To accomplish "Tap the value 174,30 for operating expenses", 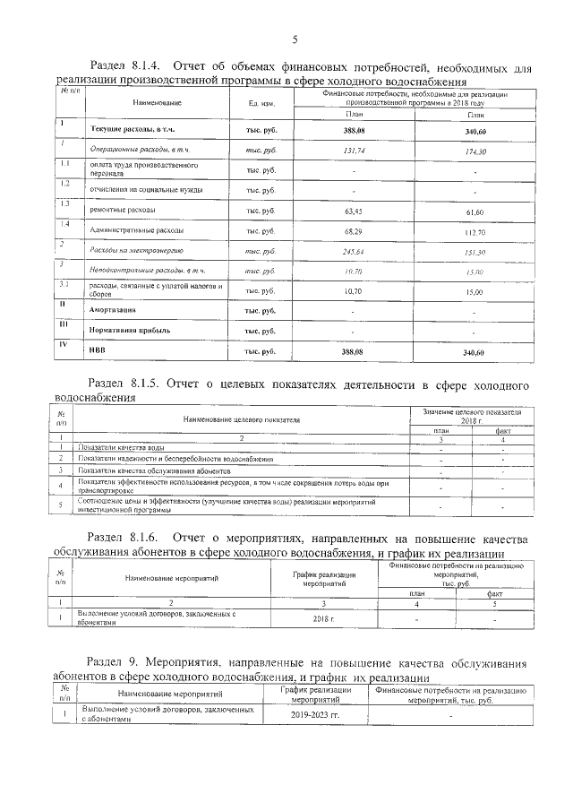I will pos(475,153).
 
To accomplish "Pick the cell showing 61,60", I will pos(475,212).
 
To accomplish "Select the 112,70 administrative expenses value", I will pos(475,232).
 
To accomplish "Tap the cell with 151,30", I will pos(475,252).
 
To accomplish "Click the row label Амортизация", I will pos(112,310).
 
